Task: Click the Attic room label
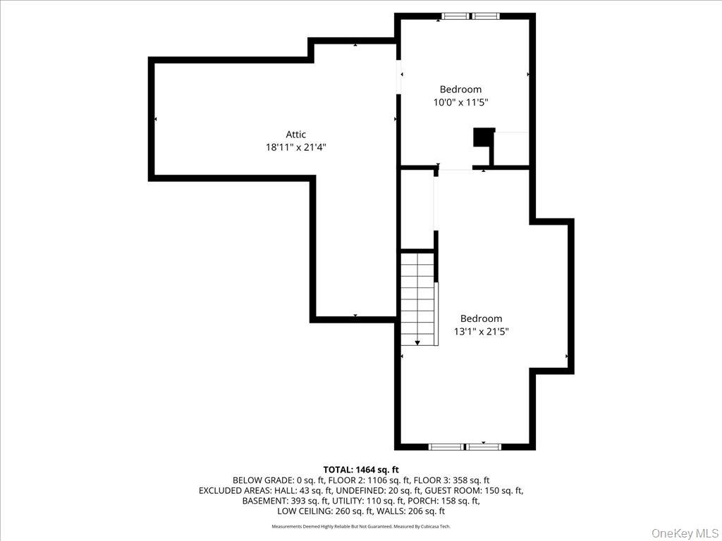click(x=295, y=135)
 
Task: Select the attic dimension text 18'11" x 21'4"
click(x=295, y=147)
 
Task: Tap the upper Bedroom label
click(x=460, y=89)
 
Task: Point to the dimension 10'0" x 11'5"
click(x=460, y=102)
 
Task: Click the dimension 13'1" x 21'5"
click(x=481, y=331)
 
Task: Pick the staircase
click(x=418, y=299)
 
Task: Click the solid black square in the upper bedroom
click(x=484, y=137)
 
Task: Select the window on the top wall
click(x=470, y=15)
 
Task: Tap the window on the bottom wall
click(x=465, y=447)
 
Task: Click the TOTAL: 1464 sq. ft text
click(x=361, y=469)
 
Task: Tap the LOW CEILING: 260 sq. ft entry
click(x=322, y=511)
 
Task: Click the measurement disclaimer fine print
click(x=361, y=526)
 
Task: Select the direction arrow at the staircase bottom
click(x=417, y=342)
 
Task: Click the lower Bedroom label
click(x=481, y=318)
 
